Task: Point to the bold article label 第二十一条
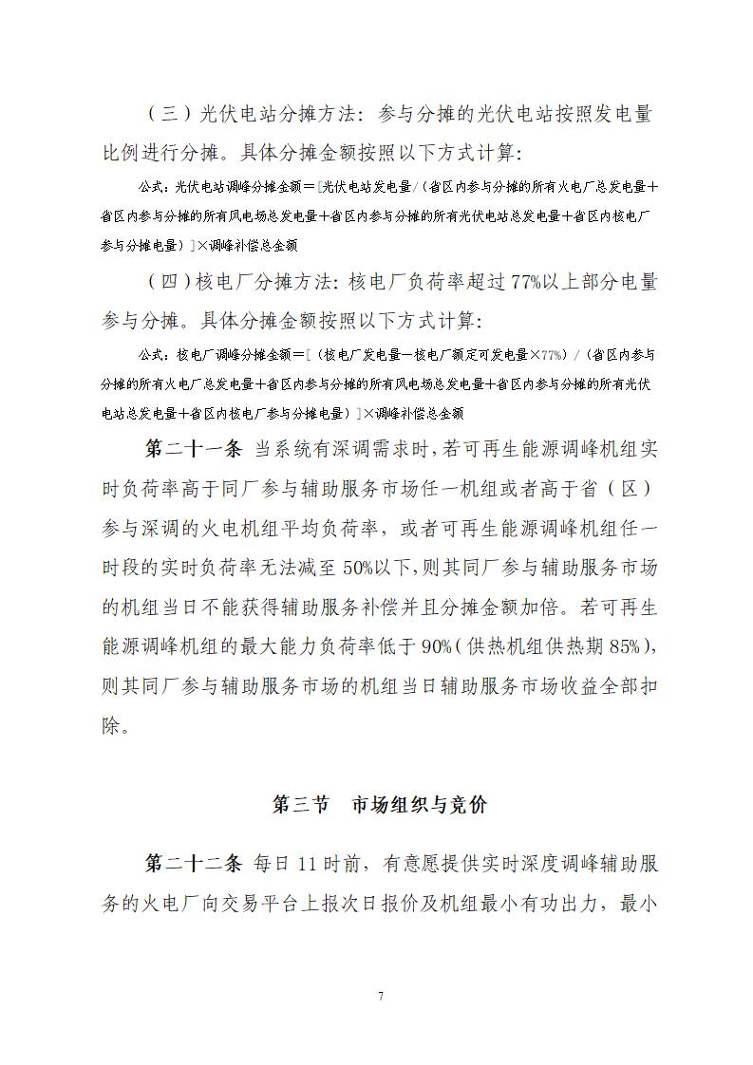[195, 447]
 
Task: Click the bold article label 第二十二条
[195, 864]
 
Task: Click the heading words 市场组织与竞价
[419, 805]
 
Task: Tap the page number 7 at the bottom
[380, 996]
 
